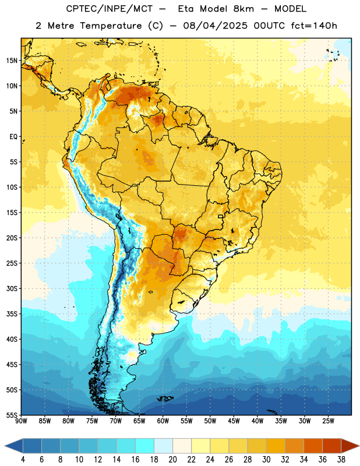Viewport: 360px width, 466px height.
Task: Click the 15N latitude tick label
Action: pos(12,61)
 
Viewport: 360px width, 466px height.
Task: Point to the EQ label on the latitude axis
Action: pos(13,137)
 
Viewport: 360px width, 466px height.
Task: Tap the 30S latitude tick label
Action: pos(12,289)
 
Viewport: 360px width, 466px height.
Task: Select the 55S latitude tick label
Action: pos(12,415)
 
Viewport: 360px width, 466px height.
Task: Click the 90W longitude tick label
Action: pos(21,421)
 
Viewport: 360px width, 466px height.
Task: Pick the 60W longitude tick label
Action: pos(163,421)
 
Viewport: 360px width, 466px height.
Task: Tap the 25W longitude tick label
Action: pos(328,421)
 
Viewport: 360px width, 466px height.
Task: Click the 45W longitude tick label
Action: pos(234,421)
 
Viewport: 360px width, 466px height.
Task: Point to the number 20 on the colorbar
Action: pos(172,460)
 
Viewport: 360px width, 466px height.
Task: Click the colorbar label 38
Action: pos(341,460)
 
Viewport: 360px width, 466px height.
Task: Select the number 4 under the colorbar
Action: pos(23,460)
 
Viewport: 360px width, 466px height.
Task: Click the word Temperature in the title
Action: pos(111,26)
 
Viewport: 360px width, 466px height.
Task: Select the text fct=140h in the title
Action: pos(314,26)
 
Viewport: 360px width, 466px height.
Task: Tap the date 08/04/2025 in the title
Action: pos(215,26)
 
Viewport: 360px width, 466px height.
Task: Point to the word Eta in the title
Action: pos(186,9)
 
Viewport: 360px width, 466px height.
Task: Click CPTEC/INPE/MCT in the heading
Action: pos(110,9)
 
